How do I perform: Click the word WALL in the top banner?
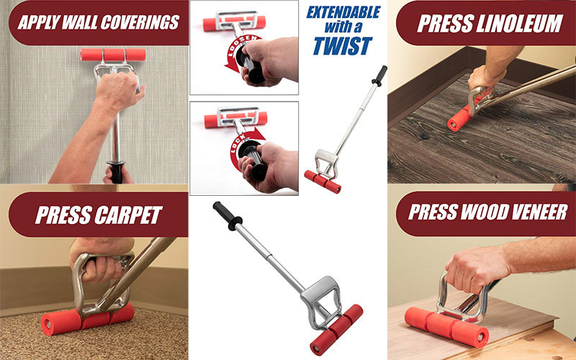(80, 22)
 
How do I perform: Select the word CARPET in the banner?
(129, 215)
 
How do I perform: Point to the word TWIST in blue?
(343, 46)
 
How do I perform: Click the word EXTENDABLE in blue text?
(343, 12)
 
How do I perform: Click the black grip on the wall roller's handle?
(116, 172)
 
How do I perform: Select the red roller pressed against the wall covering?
(113, 55)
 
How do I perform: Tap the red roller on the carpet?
(87, 319)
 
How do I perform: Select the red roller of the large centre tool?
(336, 330)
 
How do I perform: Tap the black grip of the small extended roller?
(379, 76)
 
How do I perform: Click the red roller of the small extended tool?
(323, 181)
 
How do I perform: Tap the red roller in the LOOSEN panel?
(234, 24)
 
